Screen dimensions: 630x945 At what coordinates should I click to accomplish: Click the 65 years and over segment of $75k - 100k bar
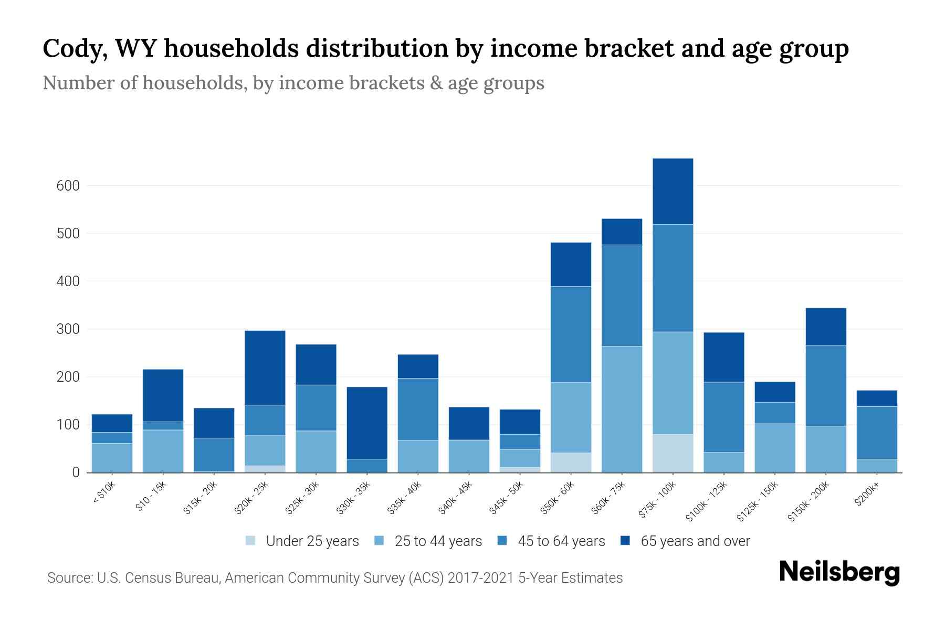pos(673,191)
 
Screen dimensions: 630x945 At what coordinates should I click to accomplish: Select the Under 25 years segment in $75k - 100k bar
pos(673,453)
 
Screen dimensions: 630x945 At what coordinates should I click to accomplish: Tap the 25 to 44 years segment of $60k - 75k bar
pos(622,409)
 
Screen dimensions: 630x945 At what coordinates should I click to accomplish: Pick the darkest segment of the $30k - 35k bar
pos(367,423)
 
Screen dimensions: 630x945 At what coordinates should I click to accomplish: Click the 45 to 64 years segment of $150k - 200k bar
pos(825,385)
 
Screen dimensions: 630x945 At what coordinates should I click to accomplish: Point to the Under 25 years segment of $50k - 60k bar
pos(571,462)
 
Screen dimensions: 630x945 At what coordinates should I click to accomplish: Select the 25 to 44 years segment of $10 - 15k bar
pos(163,451)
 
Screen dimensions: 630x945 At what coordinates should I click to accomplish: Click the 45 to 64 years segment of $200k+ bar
pos(876,433)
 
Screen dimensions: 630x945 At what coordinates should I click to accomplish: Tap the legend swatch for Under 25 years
pos(251,541)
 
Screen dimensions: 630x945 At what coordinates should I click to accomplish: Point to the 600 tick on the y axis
pos(68,186)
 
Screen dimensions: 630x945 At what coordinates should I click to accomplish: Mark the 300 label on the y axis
pos(68,329)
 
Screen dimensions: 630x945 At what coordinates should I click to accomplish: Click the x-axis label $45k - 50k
pos(507,497)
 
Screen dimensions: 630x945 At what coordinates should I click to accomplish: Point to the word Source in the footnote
pos(68,578)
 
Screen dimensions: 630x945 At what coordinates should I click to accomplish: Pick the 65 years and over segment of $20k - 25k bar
pos(265,367)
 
